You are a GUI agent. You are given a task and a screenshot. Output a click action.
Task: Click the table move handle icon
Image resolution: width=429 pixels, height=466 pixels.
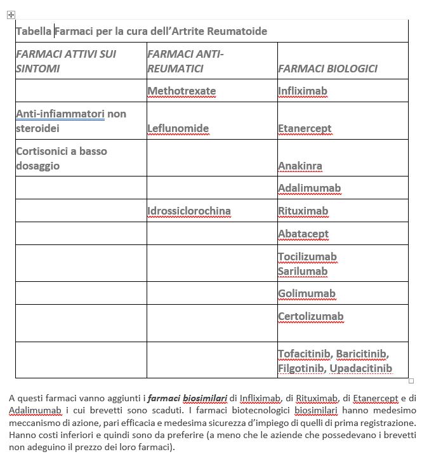(10, 14)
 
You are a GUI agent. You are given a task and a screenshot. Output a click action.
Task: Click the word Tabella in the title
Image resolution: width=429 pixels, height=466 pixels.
(34, 31)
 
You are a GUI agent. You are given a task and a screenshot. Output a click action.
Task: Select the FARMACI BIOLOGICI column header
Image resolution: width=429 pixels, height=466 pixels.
(327, 69)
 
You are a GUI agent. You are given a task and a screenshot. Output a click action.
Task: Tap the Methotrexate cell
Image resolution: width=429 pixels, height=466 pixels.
(181, 91)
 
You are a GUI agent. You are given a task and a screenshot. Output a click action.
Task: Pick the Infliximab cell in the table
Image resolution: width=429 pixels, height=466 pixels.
(303, 91)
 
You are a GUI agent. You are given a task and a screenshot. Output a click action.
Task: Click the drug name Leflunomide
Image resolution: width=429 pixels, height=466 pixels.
(178, 129)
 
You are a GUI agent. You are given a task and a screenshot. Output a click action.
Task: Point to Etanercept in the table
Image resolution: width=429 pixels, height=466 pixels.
(305, 129)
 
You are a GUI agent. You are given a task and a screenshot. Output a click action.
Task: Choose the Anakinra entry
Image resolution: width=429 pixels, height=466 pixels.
(300, 166)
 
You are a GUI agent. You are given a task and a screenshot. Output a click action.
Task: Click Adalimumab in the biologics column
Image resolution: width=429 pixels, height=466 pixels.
(309, 189)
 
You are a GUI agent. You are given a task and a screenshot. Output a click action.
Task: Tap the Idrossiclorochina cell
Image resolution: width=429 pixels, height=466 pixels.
(189, 211)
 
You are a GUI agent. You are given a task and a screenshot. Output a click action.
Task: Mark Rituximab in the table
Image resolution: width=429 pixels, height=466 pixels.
(303, 211)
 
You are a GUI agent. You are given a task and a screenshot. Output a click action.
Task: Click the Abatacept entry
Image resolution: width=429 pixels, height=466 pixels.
(303, 234)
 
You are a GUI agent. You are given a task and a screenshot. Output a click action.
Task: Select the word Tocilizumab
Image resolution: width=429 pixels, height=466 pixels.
(308, 257)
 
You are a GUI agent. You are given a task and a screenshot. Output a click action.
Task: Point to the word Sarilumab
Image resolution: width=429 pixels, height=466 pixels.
(303, 271)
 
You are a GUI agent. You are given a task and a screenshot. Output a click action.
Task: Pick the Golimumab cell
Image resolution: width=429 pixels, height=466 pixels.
(307, 293)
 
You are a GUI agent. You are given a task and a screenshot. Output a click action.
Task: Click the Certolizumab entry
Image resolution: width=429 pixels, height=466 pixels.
(310, 316)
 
